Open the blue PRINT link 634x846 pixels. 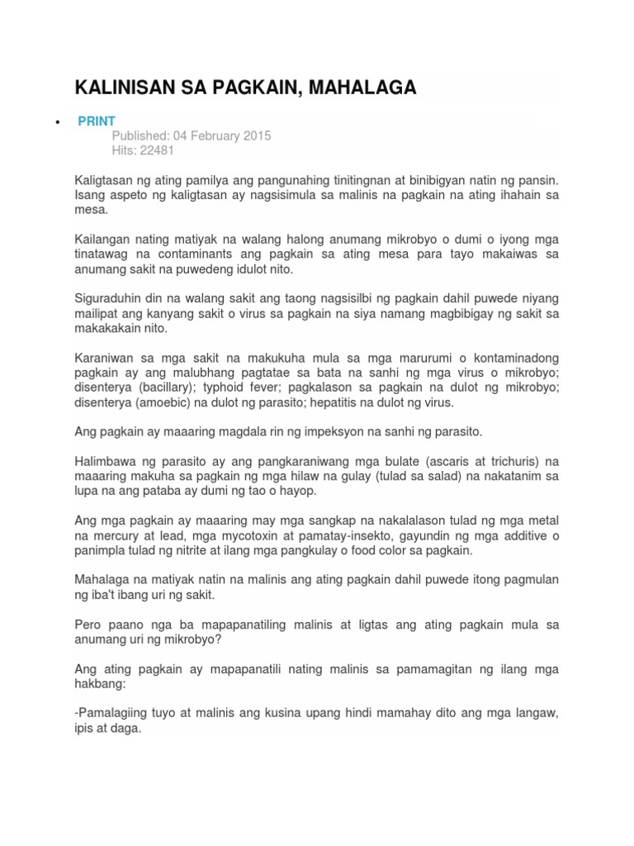tap(97, 121)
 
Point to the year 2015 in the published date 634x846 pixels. tap(256, 135)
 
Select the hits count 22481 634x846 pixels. tap(158, 150)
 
